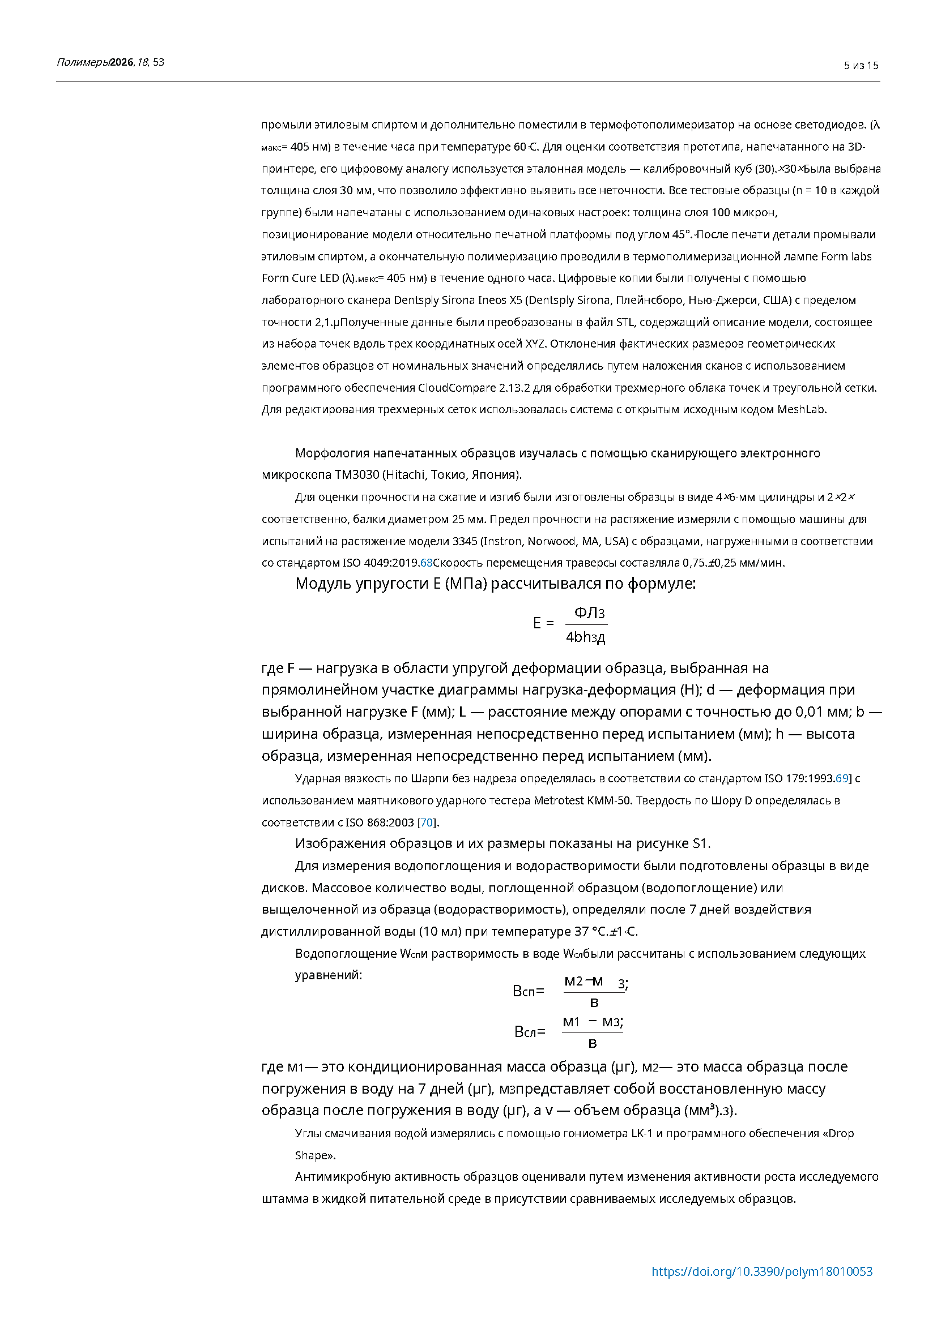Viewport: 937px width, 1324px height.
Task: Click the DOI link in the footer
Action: coord(761,1271)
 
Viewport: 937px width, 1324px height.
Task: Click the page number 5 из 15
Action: coord(861,66)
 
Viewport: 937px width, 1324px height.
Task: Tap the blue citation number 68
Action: coord(427,563)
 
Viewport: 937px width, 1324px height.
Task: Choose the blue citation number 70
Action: coord(427,822)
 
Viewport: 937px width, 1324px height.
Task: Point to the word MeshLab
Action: coord(802,409)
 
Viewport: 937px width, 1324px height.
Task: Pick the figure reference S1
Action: coord(699,843)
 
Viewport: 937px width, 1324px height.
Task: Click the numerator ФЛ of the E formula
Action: coord(585,612)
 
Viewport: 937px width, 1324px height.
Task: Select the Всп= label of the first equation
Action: coord(528,991)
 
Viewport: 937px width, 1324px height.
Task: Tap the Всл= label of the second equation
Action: coord(529,1031)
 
